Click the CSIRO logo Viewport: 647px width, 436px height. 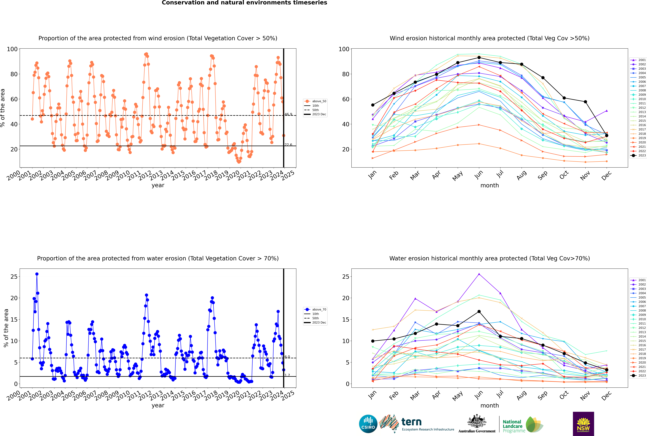point(368,424)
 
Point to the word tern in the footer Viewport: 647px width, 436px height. point(411,422)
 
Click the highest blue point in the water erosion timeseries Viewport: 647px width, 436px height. point(37,274)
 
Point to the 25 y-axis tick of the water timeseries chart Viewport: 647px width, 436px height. point(14,277)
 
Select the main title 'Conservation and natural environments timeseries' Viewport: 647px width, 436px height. point(244,3)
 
